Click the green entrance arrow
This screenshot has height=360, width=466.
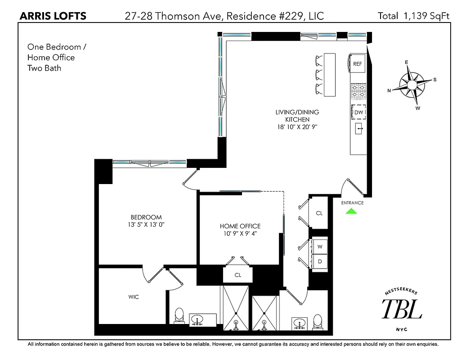click(352, 211)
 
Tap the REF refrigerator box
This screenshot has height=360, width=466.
click(357, 64)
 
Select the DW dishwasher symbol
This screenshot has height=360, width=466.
click(358, 112)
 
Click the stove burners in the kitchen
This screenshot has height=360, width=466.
click(358, 92)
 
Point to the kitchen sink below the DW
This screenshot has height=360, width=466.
click(359, 129)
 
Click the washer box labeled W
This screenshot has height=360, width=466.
click(320, 247)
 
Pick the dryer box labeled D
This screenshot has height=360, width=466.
click(320, 261)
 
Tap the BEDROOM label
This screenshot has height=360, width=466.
click(146, 217)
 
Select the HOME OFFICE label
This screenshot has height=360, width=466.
click(240, 226)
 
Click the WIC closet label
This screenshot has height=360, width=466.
click(133, 297)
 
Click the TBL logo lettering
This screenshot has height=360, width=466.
click(402, 310)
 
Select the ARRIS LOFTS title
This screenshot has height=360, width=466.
click(54, 16)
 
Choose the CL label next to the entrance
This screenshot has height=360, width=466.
click(319, 213)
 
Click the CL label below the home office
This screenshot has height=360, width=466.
click(237, 274)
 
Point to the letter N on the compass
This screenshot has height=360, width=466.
click(389, 90)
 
